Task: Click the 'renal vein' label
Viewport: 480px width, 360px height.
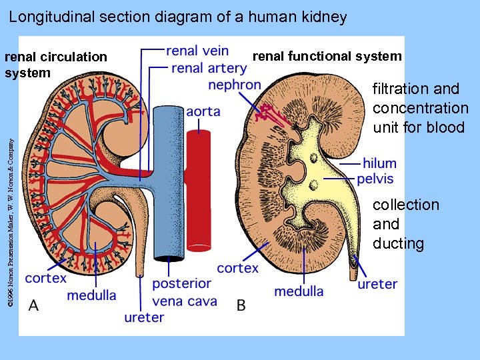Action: tap(197, 51)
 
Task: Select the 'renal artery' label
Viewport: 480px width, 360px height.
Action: tap(209, 68)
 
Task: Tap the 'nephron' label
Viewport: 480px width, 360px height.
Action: tap(235, 85)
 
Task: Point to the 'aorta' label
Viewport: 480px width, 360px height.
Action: tap(203, 111)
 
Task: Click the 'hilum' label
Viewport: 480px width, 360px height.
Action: tap(379, 163)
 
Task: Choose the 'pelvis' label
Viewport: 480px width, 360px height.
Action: tap(375, 179)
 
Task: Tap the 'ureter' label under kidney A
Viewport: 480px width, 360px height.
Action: tap(144, 317)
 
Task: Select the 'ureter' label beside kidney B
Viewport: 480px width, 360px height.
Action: tap(377, 284)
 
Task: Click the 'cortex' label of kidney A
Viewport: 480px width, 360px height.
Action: tap(46, 278)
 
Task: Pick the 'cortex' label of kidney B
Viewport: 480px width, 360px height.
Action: tap(238, 268)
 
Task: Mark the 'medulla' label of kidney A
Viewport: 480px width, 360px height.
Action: tap(91, 295)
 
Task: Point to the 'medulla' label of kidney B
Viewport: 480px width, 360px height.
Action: tap(299, 291)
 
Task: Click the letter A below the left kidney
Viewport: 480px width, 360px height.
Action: tap(33, 305)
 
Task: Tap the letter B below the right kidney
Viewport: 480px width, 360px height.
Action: tap(241, 305)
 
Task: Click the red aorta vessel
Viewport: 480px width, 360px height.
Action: tap(198, 193)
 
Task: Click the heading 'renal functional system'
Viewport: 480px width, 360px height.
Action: tap(327, 57)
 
